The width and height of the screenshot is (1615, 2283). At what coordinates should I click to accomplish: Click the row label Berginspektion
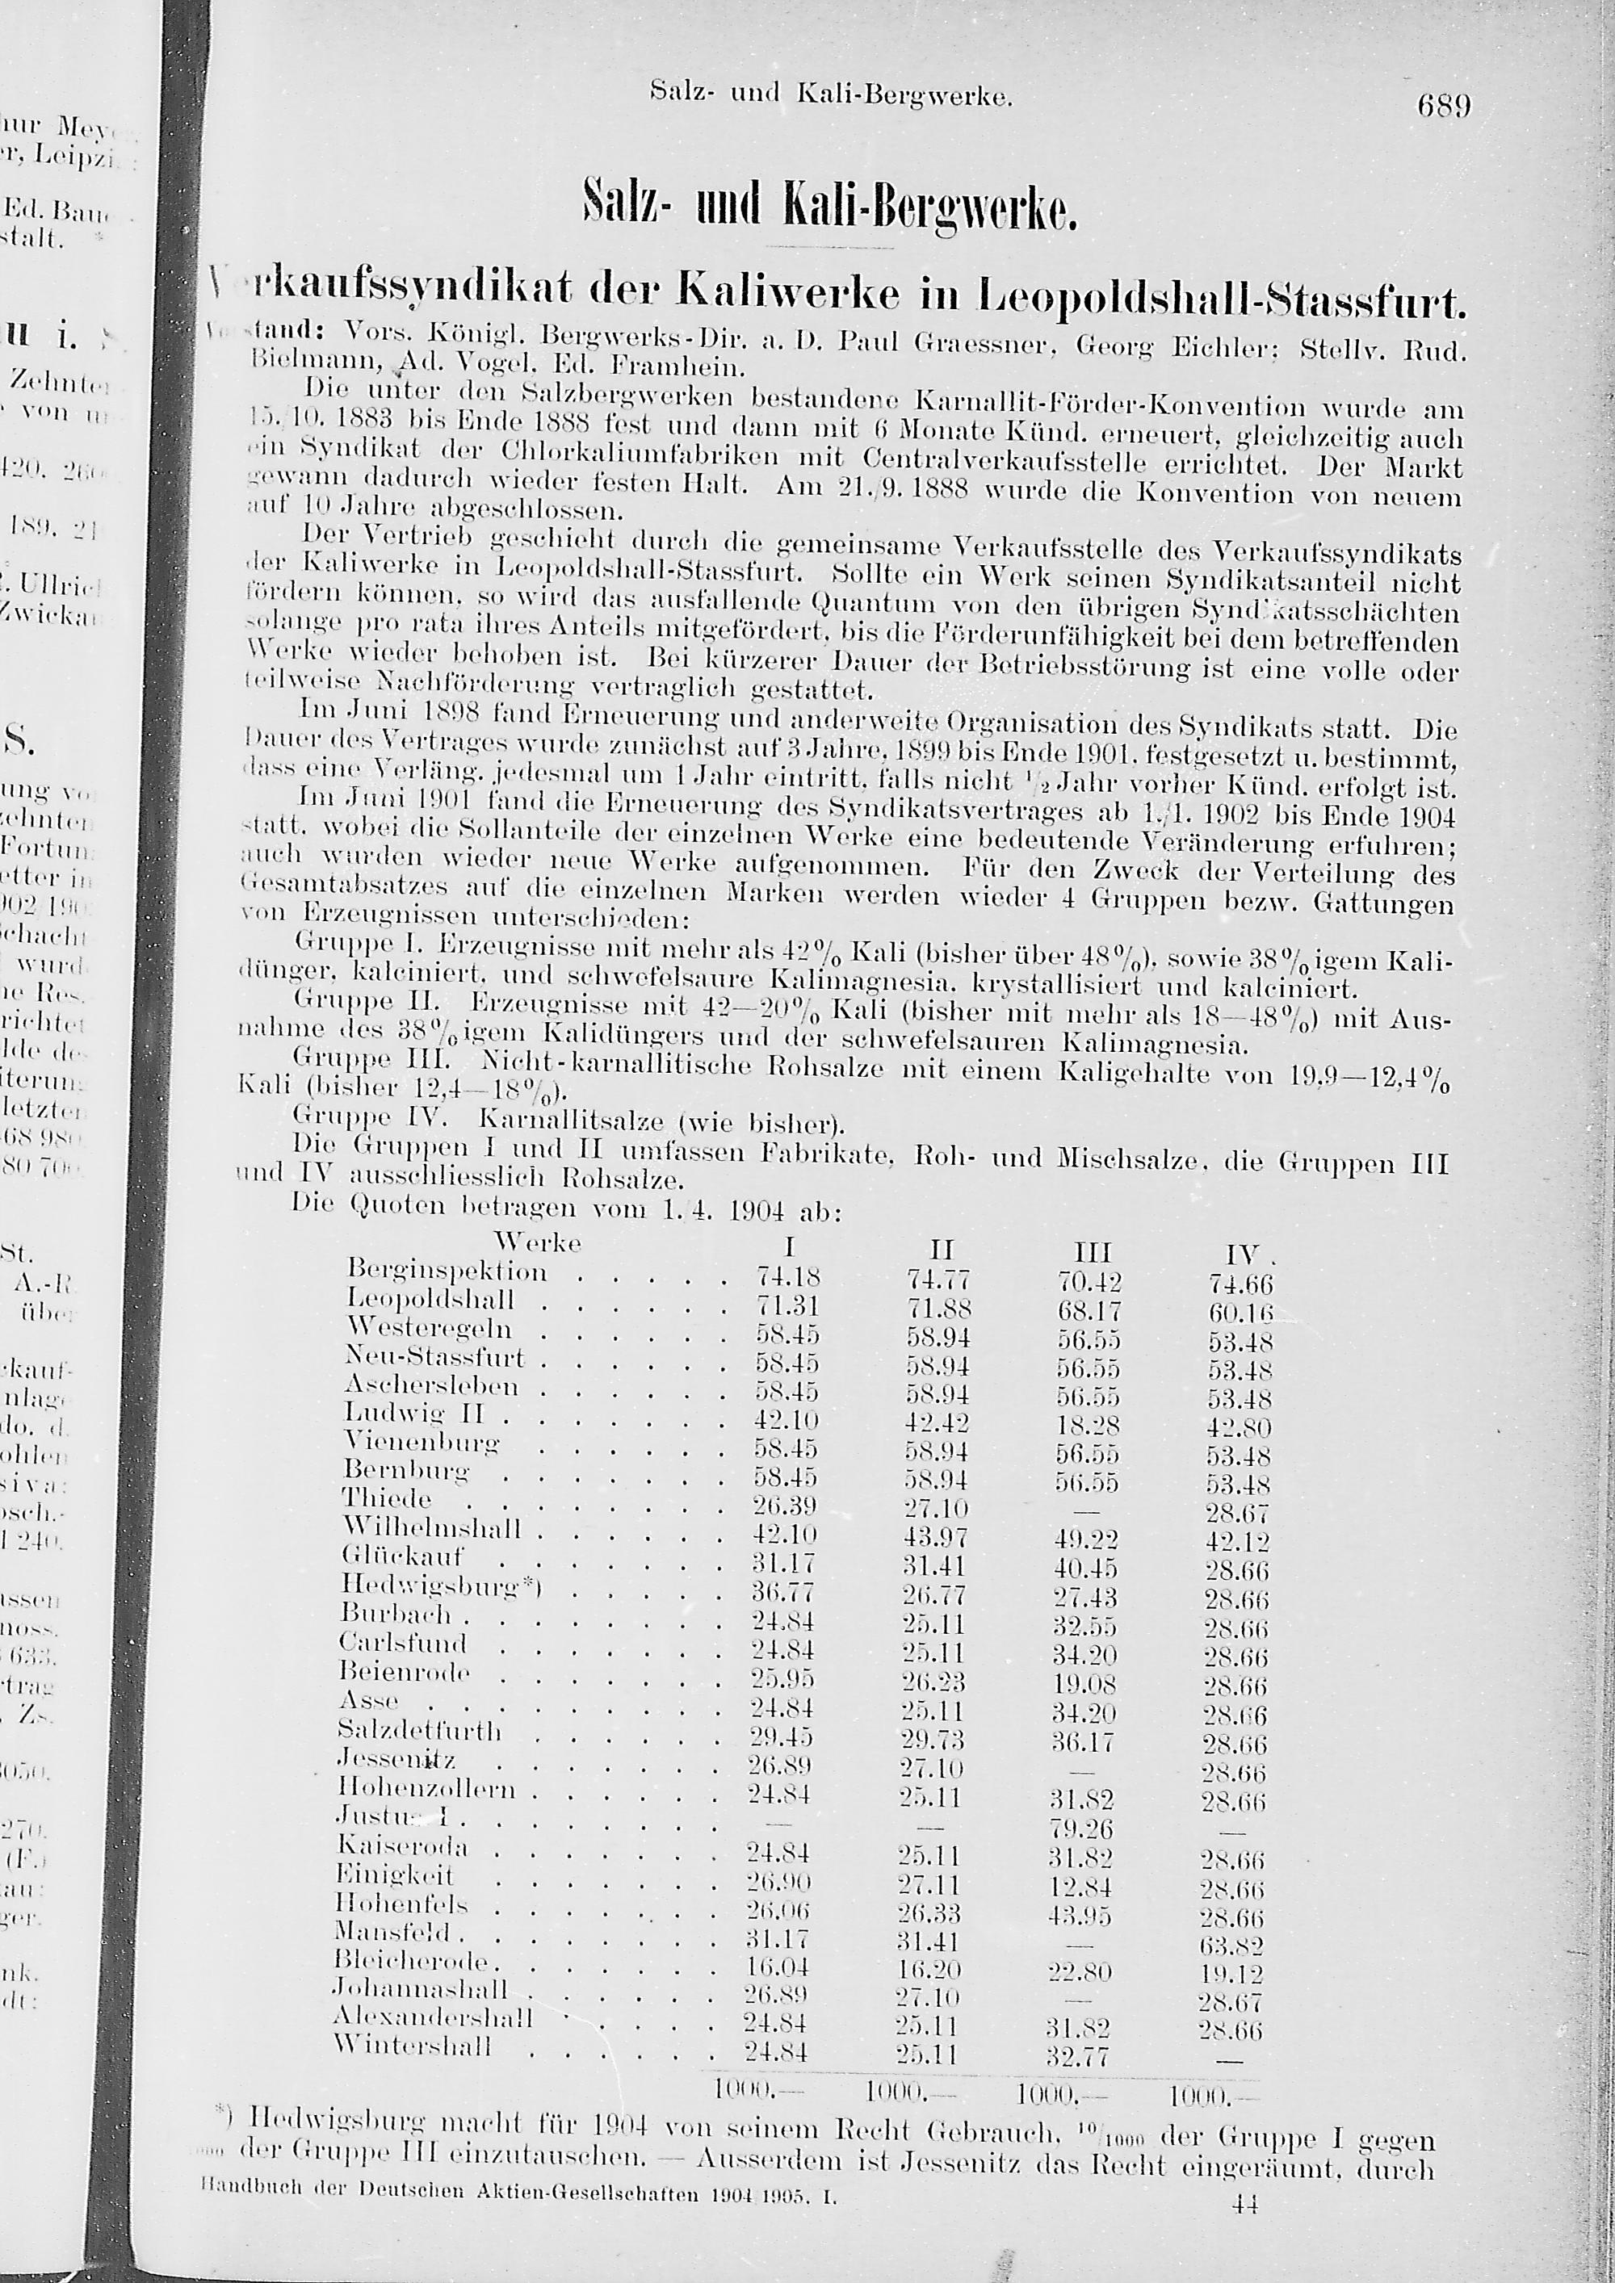[x=447, y=1271]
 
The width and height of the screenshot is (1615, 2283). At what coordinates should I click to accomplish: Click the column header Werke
[x=537, y=1243]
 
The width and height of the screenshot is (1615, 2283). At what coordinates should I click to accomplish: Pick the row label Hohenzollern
[x=428, y=1789]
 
